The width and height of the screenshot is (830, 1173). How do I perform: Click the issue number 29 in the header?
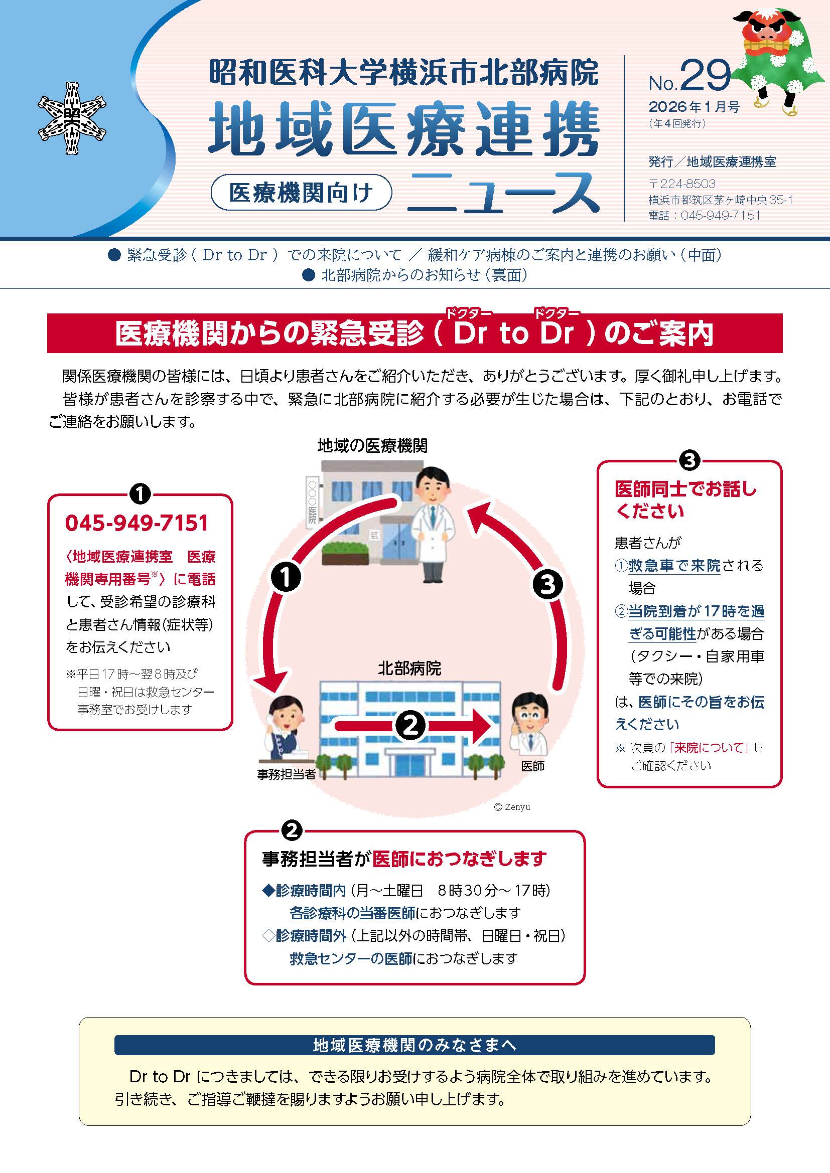point(705,76)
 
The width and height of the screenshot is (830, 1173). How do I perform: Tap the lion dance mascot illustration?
point(777,56)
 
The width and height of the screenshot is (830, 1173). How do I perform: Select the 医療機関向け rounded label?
point(301,192)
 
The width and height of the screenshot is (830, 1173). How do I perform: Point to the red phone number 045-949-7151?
point(137,523)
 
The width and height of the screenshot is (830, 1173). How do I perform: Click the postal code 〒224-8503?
point(682,184)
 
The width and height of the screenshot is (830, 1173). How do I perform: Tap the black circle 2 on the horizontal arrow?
point(411,726)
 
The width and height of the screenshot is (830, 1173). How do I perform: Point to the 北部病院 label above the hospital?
point(409,668)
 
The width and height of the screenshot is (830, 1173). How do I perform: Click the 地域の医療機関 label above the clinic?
point(372,445)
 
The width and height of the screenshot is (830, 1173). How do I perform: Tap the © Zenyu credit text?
point(512,807)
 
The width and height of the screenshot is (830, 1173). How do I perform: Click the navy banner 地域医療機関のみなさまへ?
point(414,1045)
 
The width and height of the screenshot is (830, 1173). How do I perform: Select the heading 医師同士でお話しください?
point(685,499)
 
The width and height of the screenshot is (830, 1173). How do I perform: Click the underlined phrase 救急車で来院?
point(674,566)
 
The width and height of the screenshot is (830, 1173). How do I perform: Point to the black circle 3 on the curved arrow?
point(547,584)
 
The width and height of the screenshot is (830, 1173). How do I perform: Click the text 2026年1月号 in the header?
point(694,107)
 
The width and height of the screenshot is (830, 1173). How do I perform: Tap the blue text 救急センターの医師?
point(351,958)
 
